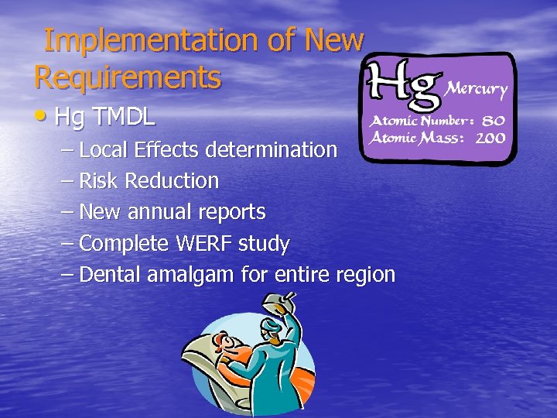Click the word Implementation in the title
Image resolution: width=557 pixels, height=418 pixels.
point(151,40)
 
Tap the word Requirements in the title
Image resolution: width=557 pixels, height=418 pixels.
point(128,77)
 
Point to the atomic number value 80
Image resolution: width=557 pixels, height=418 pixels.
point(492,122)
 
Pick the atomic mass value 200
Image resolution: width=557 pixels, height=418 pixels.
point(490,139)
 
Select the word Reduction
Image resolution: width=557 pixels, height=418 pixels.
point(172,181)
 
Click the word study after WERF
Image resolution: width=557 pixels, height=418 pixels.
point(264,244)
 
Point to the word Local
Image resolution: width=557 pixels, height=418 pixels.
point(101,149)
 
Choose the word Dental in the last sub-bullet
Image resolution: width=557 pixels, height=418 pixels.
point(107,275)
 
